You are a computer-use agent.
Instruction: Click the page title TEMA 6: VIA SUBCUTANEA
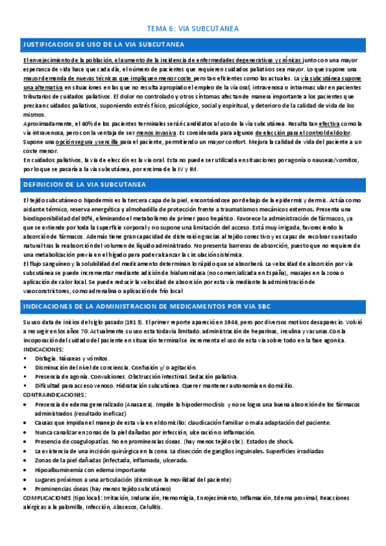(x=193, y=28)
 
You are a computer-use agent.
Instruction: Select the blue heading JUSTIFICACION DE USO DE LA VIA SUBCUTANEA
(x=103, y=44)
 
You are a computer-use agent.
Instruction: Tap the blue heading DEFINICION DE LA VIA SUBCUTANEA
(x=84, y=185)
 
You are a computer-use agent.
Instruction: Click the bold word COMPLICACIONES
(x=50, y=498)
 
